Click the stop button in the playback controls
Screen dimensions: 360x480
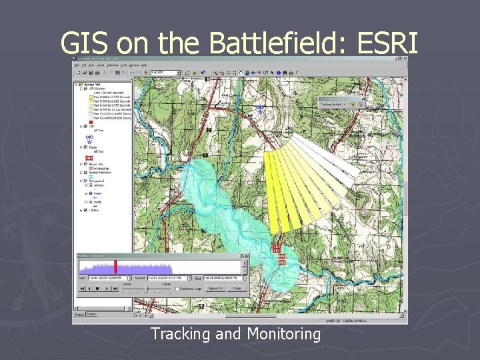(98, 289)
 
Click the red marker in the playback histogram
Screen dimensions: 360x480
(115, 265)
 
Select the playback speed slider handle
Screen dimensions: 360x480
(147, 288)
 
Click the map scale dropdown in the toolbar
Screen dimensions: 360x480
(165, 72)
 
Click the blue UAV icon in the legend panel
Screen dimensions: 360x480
(89, 137)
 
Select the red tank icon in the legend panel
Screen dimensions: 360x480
(89, 157)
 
